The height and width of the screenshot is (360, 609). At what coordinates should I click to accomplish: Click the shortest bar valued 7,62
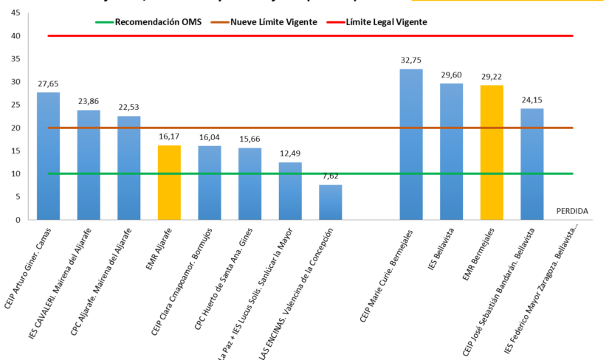(330, 202)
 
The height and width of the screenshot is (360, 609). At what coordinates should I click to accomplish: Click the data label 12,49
(290, 155)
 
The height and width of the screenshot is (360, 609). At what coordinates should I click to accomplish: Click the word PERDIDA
(572, 211)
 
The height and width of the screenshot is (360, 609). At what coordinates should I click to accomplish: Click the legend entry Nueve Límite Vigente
(274, 22)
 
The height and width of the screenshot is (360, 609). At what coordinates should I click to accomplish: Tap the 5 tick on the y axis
(16, 197)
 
